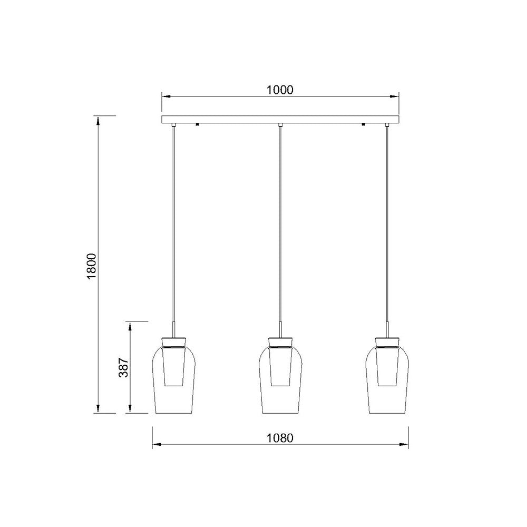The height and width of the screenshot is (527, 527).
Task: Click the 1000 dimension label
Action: tap(279, 90)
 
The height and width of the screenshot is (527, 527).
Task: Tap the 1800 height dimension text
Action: tap(91, 266)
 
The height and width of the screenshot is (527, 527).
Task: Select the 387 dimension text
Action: tap(122, 367)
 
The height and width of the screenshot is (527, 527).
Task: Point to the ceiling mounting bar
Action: tap(279, 120)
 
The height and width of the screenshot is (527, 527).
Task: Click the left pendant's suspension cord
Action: tap(173, 221)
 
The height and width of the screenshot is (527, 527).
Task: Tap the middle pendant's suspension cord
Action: tap(280, 221)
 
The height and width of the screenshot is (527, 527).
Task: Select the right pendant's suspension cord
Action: tap(387, 221)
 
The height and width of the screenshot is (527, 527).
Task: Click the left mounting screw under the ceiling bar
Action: tap(197, 125)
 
